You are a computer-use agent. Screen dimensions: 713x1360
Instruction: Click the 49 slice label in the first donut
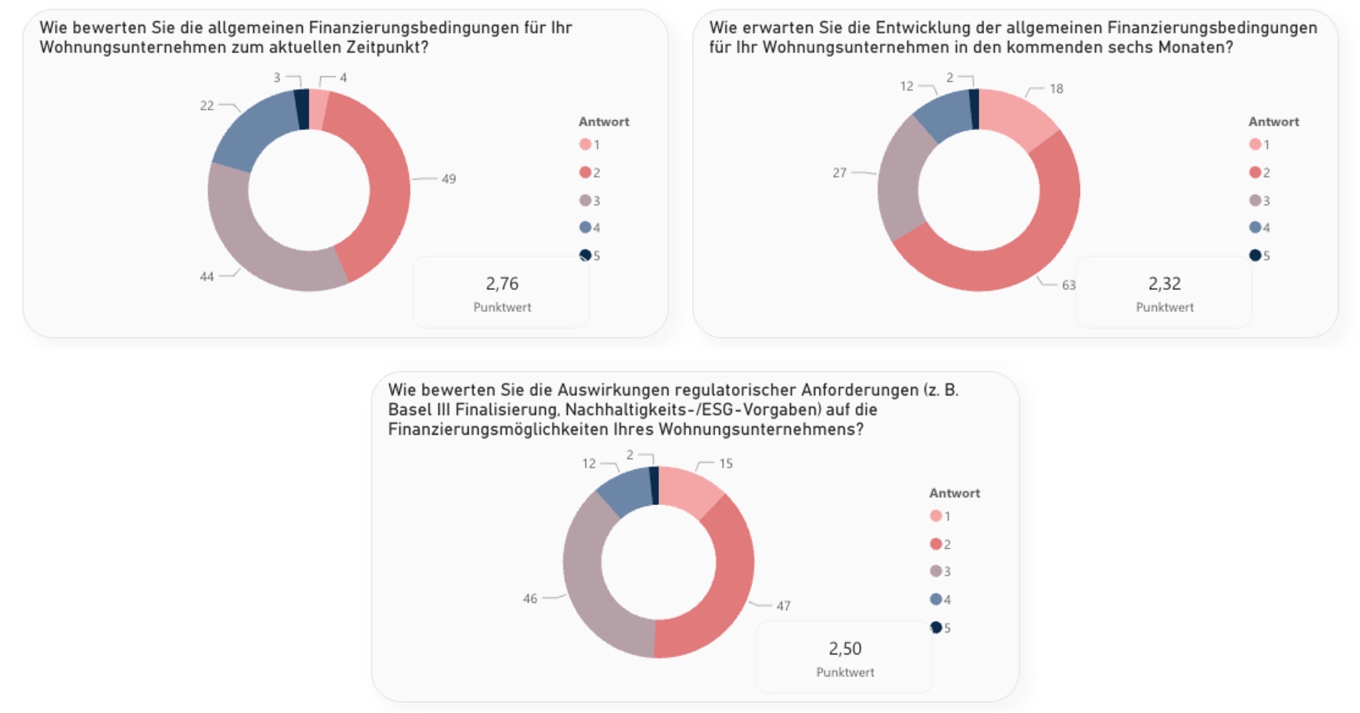[x=449, y=179]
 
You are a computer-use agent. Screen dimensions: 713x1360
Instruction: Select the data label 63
[x=1068, y=285]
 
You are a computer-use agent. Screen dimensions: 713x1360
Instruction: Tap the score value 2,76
[x=502, y=283]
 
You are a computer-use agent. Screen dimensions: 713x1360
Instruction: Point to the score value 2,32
[x=1165, y=283]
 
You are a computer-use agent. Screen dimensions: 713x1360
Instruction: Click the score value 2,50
[x=845, y=648]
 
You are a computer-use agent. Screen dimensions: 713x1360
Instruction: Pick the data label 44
[x=207, y=276]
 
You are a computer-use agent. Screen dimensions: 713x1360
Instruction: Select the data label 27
[x=839, y=173]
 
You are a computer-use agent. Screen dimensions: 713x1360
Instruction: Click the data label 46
[x=530, y=598]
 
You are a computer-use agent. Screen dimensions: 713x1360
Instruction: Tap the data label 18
[x=1057, y=88]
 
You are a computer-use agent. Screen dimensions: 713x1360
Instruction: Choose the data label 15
[x=726, y=463]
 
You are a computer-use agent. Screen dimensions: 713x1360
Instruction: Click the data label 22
[x=207, y=106]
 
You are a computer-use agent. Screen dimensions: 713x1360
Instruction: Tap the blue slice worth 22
[x=256, y=129]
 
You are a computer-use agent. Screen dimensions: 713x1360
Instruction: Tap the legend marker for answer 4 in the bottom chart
[x=936, y=599]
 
